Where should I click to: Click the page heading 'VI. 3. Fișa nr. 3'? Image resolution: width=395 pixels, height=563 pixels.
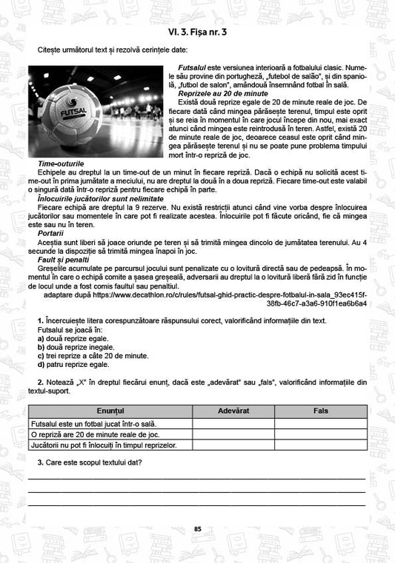(x=197, y=32)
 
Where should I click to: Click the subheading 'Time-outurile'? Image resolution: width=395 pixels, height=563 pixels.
(x=60, y=163)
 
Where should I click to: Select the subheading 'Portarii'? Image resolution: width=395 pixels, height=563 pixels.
(x=51, y=232)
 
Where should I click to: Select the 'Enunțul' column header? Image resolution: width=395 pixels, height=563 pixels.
(x=110, y=410)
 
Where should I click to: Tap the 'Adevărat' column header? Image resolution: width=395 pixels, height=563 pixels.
(x=233, y=410)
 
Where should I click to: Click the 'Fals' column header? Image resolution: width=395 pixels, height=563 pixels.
(x=320, y=410)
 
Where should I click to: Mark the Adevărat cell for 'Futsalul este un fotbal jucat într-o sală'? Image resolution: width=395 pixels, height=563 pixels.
(x=233, y=423)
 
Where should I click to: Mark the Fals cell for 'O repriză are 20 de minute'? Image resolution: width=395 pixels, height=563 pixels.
(x=320, y=434)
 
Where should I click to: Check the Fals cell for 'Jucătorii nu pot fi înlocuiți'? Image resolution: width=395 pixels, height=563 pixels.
(x=320, y=445)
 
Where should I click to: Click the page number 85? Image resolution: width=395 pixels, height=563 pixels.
(x=197, y=528)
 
